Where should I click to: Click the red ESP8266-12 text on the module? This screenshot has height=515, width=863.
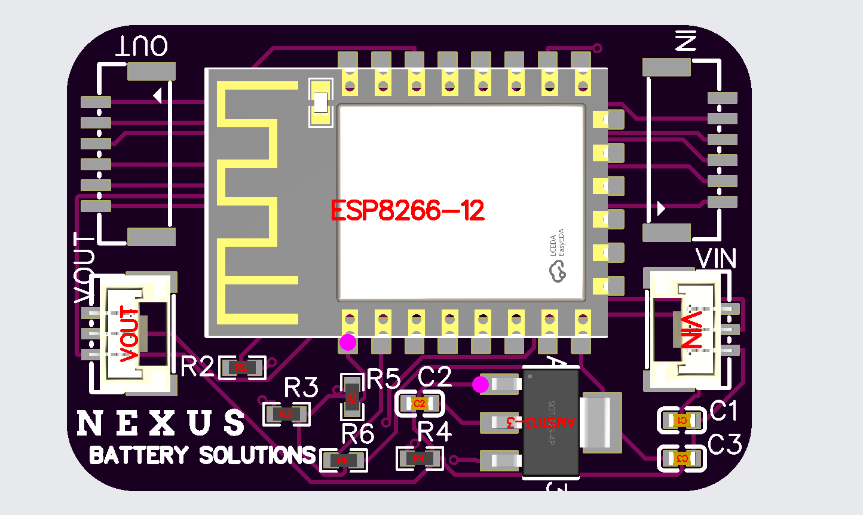[408, 211]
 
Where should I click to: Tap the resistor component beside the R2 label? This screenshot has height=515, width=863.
[241, 368]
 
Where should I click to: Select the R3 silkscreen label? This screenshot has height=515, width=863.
[301, 388]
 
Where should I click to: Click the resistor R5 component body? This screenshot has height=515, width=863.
[352, 396]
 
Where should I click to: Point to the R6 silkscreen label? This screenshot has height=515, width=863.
[358, 434]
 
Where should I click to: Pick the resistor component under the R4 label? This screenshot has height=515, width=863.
[418, 459]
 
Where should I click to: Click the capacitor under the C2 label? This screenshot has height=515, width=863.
[420, 404]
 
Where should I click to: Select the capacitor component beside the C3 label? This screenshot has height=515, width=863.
[681, 459]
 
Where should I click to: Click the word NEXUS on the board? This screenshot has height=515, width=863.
[161, 423]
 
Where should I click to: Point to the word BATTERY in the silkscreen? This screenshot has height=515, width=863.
[139, 455]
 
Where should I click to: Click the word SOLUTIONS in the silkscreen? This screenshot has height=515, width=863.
[257, 455]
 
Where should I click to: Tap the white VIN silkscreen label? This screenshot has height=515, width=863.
[716, 259]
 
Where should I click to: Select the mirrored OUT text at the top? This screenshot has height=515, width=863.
[142, 46]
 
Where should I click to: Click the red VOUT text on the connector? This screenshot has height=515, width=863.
[130, 334]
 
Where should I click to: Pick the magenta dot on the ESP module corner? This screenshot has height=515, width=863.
[348, 342]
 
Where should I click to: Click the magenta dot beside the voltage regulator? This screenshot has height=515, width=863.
[481, 385]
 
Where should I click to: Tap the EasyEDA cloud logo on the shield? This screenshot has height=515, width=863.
[558, 272]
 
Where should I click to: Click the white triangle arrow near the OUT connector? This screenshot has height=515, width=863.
[158, 96]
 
